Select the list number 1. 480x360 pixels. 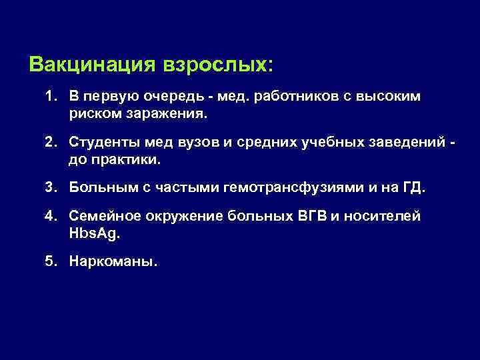(51, 97)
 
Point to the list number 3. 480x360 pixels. (51, 188)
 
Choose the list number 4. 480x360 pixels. (51, 218)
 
